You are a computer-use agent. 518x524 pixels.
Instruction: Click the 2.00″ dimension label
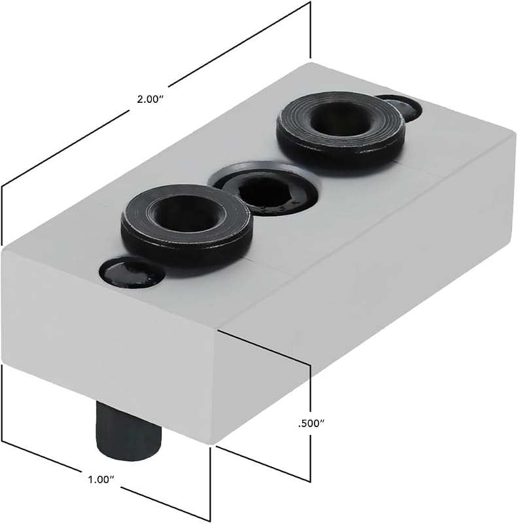click(150, 100)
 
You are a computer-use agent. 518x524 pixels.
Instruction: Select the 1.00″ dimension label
click(101, 480)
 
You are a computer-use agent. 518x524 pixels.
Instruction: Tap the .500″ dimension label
click(311, 424)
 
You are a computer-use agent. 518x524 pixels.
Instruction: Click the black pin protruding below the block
click(128, 432)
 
